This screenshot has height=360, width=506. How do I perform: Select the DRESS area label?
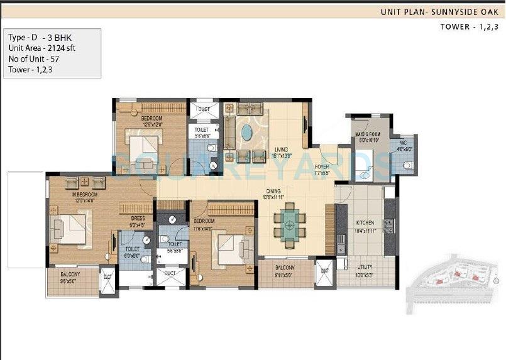click(137, 219)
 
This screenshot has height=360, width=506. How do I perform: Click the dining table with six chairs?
click(290, 224)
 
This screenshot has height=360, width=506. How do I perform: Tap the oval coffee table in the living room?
click(248, 134)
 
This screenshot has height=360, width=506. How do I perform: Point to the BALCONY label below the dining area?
click(285, 273)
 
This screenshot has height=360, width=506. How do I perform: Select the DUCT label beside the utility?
click(324, 271)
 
